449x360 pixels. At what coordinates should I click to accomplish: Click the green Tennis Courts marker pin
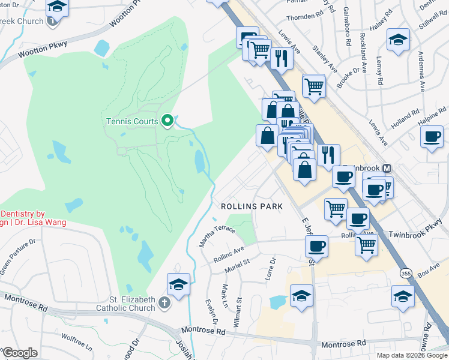coord(167,121)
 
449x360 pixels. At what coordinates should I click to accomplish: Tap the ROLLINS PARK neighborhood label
coord(252,206)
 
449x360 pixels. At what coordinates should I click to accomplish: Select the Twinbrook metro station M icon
coord(387,168)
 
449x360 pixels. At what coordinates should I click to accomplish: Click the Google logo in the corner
coord(20,352)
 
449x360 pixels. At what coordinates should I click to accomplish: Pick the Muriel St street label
coord(237,265)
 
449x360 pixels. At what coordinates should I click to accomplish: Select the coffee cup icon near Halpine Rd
coord(432,137)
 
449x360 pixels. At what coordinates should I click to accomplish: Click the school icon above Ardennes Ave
coord(398,40)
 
